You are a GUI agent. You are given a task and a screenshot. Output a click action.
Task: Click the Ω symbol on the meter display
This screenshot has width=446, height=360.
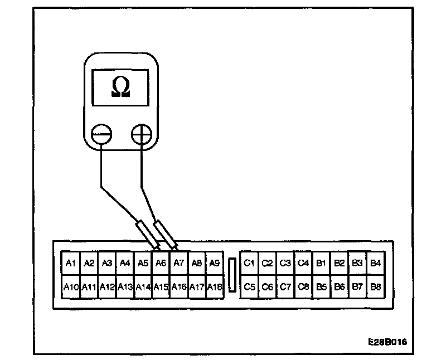121,86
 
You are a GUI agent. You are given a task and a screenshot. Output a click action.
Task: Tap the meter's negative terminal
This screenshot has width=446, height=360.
102,135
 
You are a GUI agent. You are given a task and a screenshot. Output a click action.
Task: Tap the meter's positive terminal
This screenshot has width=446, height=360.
142,135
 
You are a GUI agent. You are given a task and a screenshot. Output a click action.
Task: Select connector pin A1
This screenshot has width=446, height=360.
70,263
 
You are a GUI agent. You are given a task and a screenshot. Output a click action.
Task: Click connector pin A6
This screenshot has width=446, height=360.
161,263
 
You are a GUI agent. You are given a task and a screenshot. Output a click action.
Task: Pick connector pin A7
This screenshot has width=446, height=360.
179,263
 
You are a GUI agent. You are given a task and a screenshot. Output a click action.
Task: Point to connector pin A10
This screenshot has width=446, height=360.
70,288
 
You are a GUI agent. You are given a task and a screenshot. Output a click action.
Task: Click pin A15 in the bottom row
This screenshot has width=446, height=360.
161,288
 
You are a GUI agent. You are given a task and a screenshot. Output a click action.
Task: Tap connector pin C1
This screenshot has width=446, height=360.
249,263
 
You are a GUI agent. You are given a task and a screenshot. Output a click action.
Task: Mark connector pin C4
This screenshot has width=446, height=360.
303,263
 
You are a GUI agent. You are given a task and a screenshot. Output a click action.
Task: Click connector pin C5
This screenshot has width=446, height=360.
249,288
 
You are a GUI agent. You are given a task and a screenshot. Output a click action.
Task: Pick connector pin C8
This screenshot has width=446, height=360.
303,288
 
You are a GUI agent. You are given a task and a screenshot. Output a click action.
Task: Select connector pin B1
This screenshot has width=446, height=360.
321,263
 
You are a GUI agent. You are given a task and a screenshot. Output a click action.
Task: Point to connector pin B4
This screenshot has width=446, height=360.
375,263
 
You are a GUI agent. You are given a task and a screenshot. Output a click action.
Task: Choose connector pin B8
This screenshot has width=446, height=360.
375,288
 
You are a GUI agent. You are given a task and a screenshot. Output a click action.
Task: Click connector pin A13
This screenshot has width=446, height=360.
125,288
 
